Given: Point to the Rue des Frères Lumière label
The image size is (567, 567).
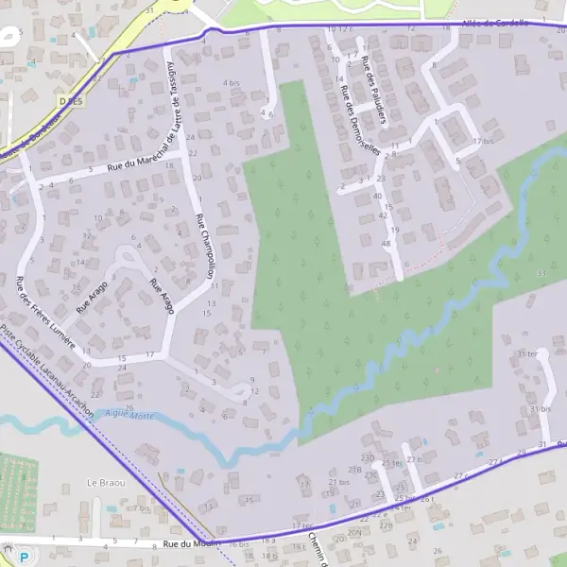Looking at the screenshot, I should pos(44,312).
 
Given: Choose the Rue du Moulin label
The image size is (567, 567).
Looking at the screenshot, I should pos(190,543).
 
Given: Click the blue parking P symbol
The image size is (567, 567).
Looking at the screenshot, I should pos(9,549).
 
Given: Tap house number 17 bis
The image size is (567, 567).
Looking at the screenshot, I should pos(483,141).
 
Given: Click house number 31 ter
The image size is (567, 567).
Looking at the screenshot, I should pos(525,353).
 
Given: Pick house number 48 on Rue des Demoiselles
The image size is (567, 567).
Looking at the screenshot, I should pos(386,244).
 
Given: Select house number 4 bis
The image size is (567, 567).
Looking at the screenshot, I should pos(232,83).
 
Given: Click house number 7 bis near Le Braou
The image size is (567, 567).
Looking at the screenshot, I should pos(142,508).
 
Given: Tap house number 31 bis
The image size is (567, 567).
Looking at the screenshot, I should pos(540,409).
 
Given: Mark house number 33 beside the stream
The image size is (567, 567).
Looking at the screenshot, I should pos(541,272).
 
